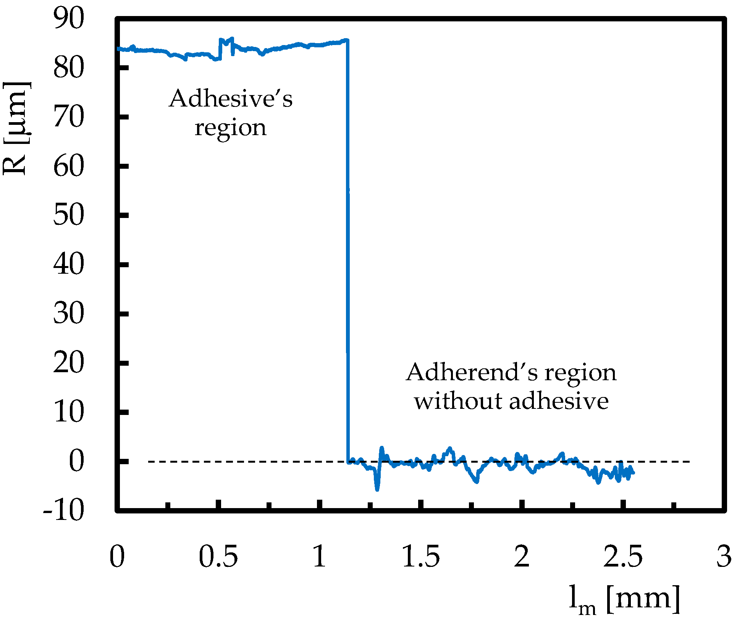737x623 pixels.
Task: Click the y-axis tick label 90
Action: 68,19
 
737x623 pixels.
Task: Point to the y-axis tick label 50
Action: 68,215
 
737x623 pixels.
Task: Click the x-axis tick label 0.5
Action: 218,557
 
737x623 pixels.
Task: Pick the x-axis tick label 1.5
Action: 421,557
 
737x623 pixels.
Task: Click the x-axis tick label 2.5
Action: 623,557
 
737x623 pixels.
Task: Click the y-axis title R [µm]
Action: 16,128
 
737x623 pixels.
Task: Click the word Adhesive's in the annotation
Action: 231,99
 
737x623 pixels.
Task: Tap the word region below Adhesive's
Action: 230,128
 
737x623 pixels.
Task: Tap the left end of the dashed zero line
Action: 149,462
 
